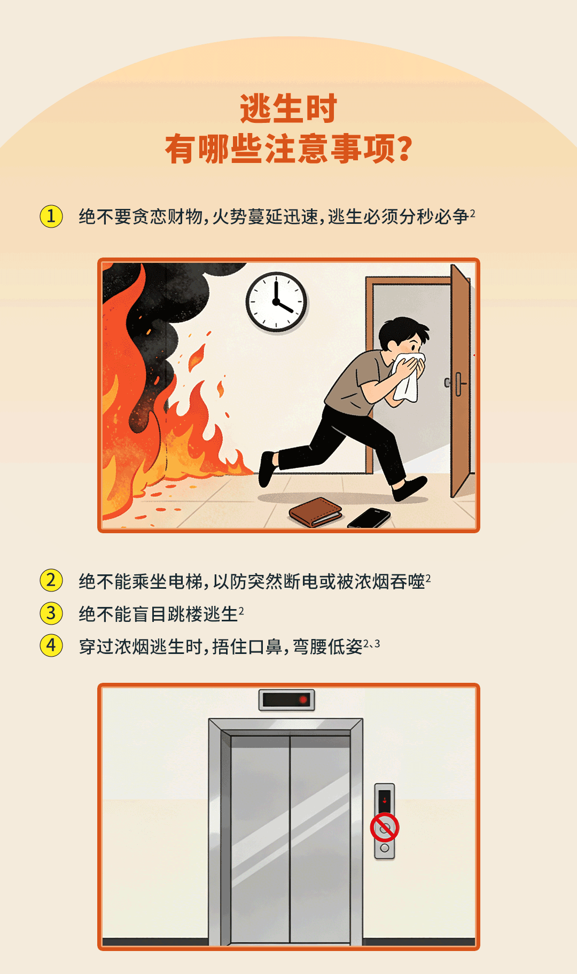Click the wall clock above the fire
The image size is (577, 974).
(276, 302)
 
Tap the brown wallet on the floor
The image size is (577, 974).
(316, 512)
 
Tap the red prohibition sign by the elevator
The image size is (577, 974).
(385, 828)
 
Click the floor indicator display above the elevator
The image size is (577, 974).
(287, 700)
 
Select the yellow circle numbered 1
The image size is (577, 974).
(51, 216)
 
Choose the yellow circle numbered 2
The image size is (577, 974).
(51, 580)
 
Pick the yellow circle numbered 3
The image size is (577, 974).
(51, 613)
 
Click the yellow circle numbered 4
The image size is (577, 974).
(51, 645)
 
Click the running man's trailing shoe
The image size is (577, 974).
(268, 469)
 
